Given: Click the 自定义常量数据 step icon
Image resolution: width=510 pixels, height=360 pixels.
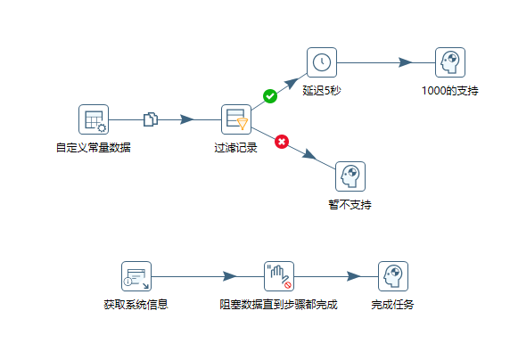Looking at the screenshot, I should (x=94, y=119).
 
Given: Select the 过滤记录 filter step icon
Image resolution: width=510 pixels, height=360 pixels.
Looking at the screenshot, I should (x=236, y=119).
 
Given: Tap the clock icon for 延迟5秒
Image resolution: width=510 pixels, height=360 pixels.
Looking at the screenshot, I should (x=322, y=62).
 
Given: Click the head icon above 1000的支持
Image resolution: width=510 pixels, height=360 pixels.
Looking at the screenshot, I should (x=451, y=62).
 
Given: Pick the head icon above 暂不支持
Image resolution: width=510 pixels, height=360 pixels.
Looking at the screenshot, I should (x=350, y=176).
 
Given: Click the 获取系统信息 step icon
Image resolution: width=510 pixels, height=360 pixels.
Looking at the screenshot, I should (x=136, y=276).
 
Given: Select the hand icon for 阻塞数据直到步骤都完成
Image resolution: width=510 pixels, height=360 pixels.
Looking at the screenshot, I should (x=279, y=276).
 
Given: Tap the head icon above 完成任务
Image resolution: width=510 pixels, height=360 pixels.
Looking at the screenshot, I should (x=392, y=276).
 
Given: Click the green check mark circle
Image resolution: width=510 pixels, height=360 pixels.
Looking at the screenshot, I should (x=270, y=96).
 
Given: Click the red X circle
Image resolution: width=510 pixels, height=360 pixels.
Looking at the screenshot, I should (x=282, y=141).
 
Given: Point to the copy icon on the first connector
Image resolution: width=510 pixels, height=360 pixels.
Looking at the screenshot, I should (x=150, y=119).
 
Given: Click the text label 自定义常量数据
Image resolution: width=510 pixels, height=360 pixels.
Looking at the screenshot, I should (x=94, y=147).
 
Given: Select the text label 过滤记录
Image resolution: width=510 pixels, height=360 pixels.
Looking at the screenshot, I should (x=236, y=147).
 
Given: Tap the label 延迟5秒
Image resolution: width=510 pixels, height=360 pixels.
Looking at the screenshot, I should (x=322, y=90).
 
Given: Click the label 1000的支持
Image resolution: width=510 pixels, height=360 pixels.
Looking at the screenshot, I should (x=451, y=90).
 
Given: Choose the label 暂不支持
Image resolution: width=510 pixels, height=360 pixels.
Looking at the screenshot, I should (x=350, y=204).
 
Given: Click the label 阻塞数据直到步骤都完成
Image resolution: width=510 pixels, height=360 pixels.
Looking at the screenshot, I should (x=279, y=304).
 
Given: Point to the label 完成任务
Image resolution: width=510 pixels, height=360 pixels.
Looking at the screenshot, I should (x=392, y=304).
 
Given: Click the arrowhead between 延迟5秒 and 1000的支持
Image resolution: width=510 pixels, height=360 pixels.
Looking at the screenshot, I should (x=405, y=62).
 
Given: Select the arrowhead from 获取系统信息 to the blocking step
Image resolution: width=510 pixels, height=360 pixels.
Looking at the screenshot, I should (x=229, y=276).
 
